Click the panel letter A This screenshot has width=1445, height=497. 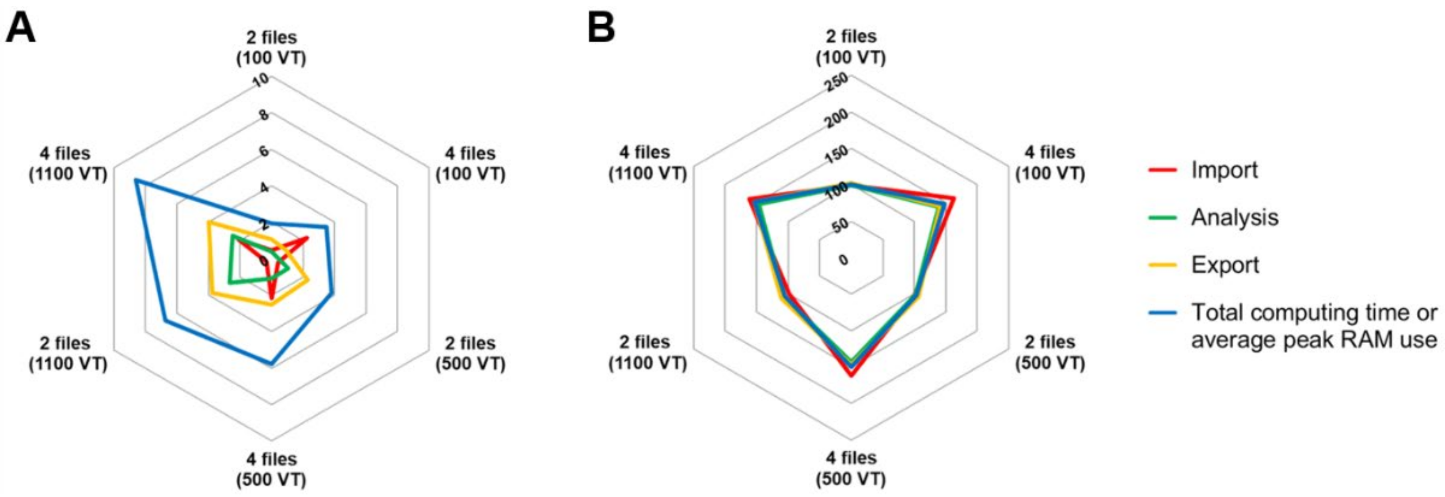(20, 28)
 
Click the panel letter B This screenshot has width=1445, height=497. (601, 28)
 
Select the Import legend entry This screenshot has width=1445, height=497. (1224, 169)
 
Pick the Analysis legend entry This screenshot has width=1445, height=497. (1235, 217)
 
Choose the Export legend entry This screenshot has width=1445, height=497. (1225, 265)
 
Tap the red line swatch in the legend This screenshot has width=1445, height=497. (1163, 169)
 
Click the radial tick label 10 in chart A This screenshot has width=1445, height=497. (260, 81)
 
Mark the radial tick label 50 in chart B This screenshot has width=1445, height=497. (840, 225)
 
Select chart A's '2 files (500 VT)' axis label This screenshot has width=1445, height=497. (470, 353)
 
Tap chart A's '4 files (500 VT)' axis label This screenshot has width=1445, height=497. (271, 470)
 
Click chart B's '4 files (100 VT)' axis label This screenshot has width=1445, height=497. (1050, 163)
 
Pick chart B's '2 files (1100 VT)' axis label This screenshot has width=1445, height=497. (647, 352)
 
